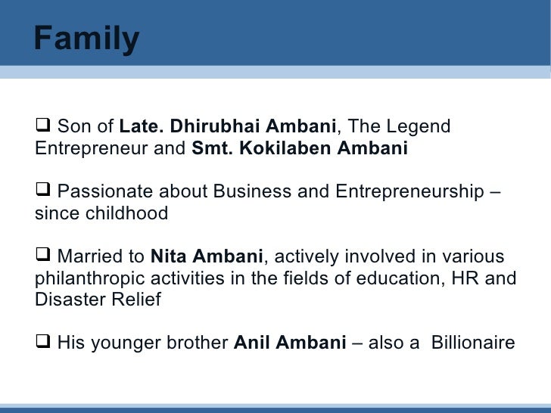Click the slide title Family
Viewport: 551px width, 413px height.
[86, 38]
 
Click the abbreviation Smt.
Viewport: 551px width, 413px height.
[210, 148]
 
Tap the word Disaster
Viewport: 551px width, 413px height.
[66, 300]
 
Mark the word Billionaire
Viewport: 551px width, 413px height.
[473, 343]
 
